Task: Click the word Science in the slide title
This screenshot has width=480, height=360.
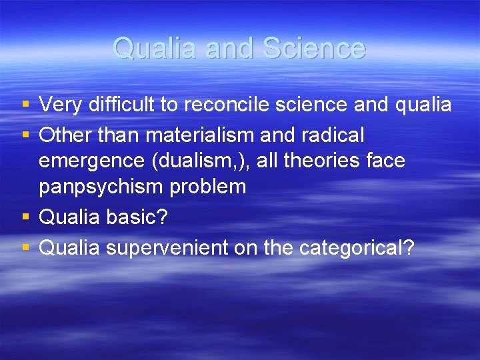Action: tap(314, 48)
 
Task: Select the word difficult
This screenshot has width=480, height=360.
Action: tap(115, 105)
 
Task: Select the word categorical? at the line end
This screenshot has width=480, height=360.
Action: tap(357, 248)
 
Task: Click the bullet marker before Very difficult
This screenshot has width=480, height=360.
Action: tap(25, 105)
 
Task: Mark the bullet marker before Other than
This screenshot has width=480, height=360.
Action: tap(25, 136)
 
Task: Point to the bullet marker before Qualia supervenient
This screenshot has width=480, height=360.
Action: tap(25, 248)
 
